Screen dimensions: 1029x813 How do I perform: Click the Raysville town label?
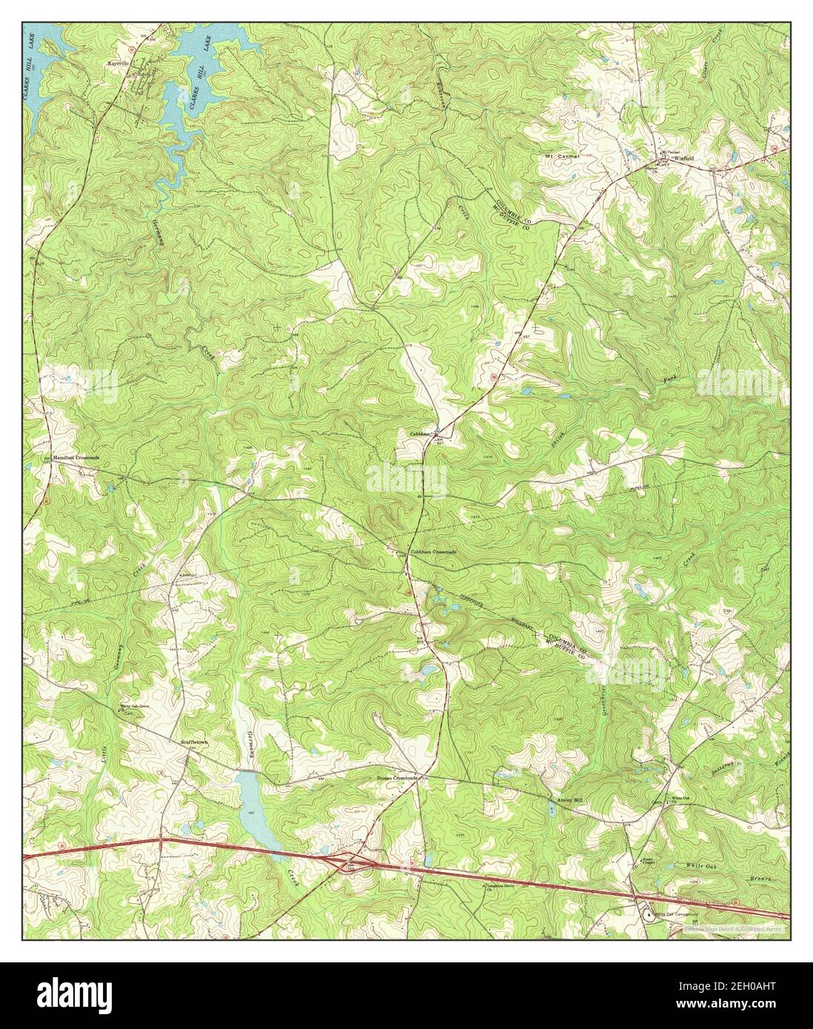[117, 64]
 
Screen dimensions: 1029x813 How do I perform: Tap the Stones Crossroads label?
[397, 778]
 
